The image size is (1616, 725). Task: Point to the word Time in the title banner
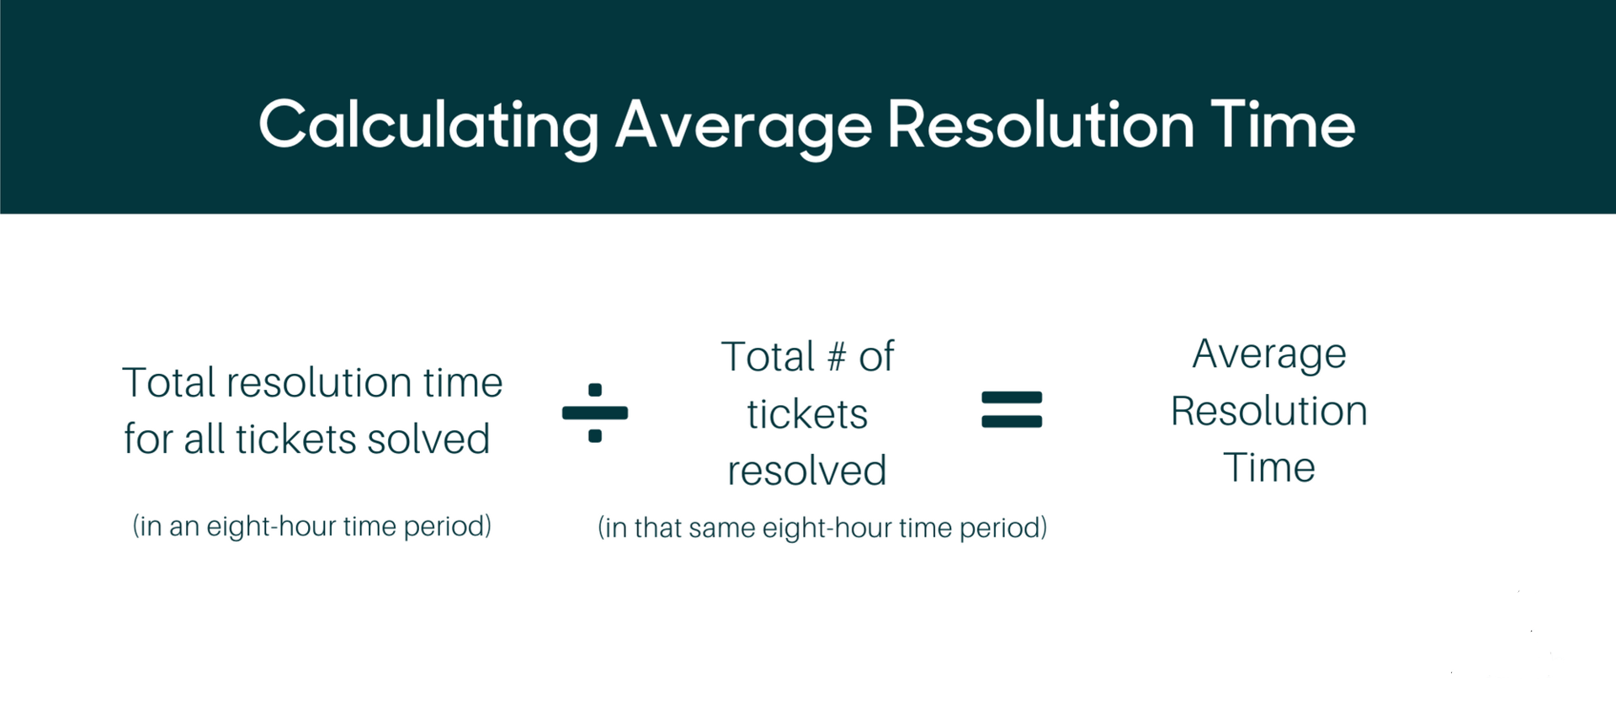pyautogui.click(x=1283, y=125)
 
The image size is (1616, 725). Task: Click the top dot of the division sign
pyautogui.click(x=595, y=390)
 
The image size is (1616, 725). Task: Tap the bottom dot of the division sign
pyautogui.click(x=595, y=435)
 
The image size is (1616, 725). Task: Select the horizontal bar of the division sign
pyautogui.click(x=595, y=413)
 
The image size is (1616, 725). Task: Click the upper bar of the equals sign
pyautogui.click(x=1012, y=398)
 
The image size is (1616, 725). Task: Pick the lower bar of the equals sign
pyautogui.click(x=1012, y=421)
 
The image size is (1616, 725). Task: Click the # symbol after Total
pyautogui.click(x=836, y=357)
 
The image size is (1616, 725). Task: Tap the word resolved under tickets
pyautogui.click(x=807, y=471)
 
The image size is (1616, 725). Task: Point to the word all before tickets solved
pyautogui.click(x=205, y=439)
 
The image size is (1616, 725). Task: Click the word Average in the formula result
pyautogui.click(x=1269, y=355)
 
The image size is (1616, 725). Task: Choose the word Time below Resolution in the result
pyautogui.click(x=1269, y=467)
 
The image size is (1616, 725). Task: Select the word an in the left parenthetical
pyautogui.click(x=184, y=526)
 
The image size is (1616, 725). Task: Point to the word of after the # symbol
pyautogui.click(x=876, y=357)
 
